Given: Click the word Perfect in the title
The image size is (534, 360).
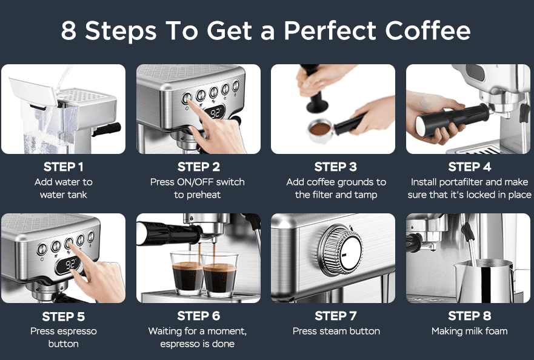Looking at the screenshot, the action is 330,31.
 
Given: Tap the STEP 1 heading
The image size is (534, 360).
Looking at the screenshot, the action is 64,167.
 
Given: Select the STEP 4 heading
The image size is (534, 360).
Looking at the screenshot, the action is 470,167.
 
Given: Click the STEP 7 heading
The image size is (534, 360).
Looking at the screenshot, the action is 335,316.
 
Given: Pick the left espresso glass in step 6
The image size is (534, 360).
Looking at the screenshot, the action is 187,273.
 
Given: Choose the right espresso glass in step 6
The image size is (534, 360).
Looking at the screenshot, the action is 219,274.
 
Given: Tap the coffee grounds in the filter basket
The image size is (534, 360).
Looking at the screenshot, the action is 320,128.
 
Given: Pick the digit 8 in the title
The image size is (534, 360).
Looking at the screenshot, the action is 68,31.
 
